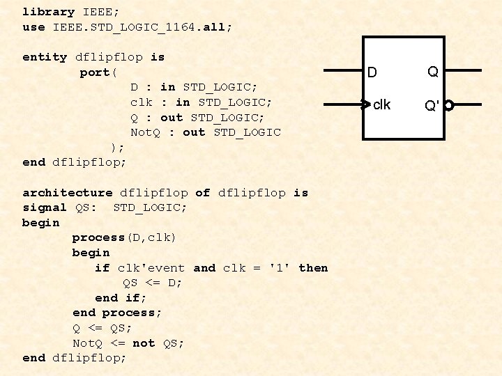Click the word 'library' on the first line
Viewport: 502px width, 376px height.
pos(49,12)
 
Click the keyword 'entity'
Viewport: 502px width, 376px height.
pos(45,57)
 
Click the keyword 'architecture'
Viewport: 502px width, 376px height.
pos(67,193)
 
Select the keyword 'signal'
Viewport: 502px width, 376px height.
pos(45,207)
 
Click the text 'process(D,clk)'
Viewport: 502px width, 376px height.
pos(124,238)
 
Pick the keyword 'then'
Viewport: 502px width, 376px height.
pos(313,268)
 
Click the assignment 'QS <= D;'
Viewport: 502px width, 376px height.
pos(152,283)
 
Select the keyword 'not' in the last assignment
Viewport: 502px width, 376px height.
pos(144,343)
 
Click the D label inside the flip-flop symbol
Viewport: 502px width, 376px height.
pos(372,72)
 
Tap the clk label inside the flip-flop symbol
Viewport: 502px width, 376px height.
pos(382,105)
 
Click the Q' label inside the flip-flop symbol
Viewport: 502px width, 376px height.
pos(432,106)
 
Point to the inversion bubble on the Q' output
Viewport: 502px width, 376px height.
pos(449,106)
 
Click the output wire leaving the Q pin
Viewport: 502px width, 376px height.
pos(463,71)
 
